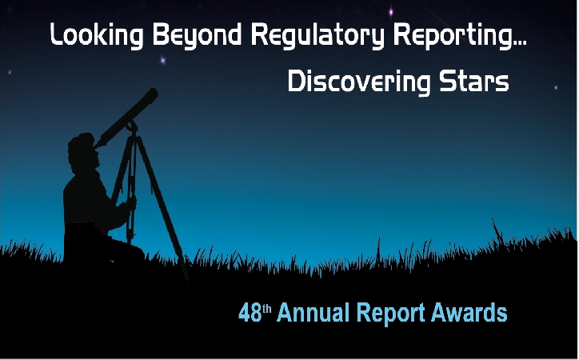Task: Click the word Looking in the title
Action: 97,36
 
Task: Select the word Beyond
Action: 198,36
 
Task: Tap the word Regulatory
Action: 317,36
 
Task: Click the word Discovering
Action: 359,82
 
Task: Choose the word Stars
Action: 474,82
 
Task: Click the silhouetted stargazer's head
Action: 83,150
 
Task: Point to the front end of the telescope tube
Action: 152,94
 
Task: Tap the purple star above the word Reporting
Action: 391,13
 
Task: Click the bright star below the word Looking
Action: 162,59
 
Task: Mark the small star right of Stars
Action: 556,87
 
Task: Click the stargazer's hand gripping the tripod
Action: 130,203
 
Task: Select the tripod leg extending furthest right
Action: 162,206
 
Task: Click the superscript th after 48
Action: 267,308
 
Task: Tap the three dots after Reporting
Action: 520,44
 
